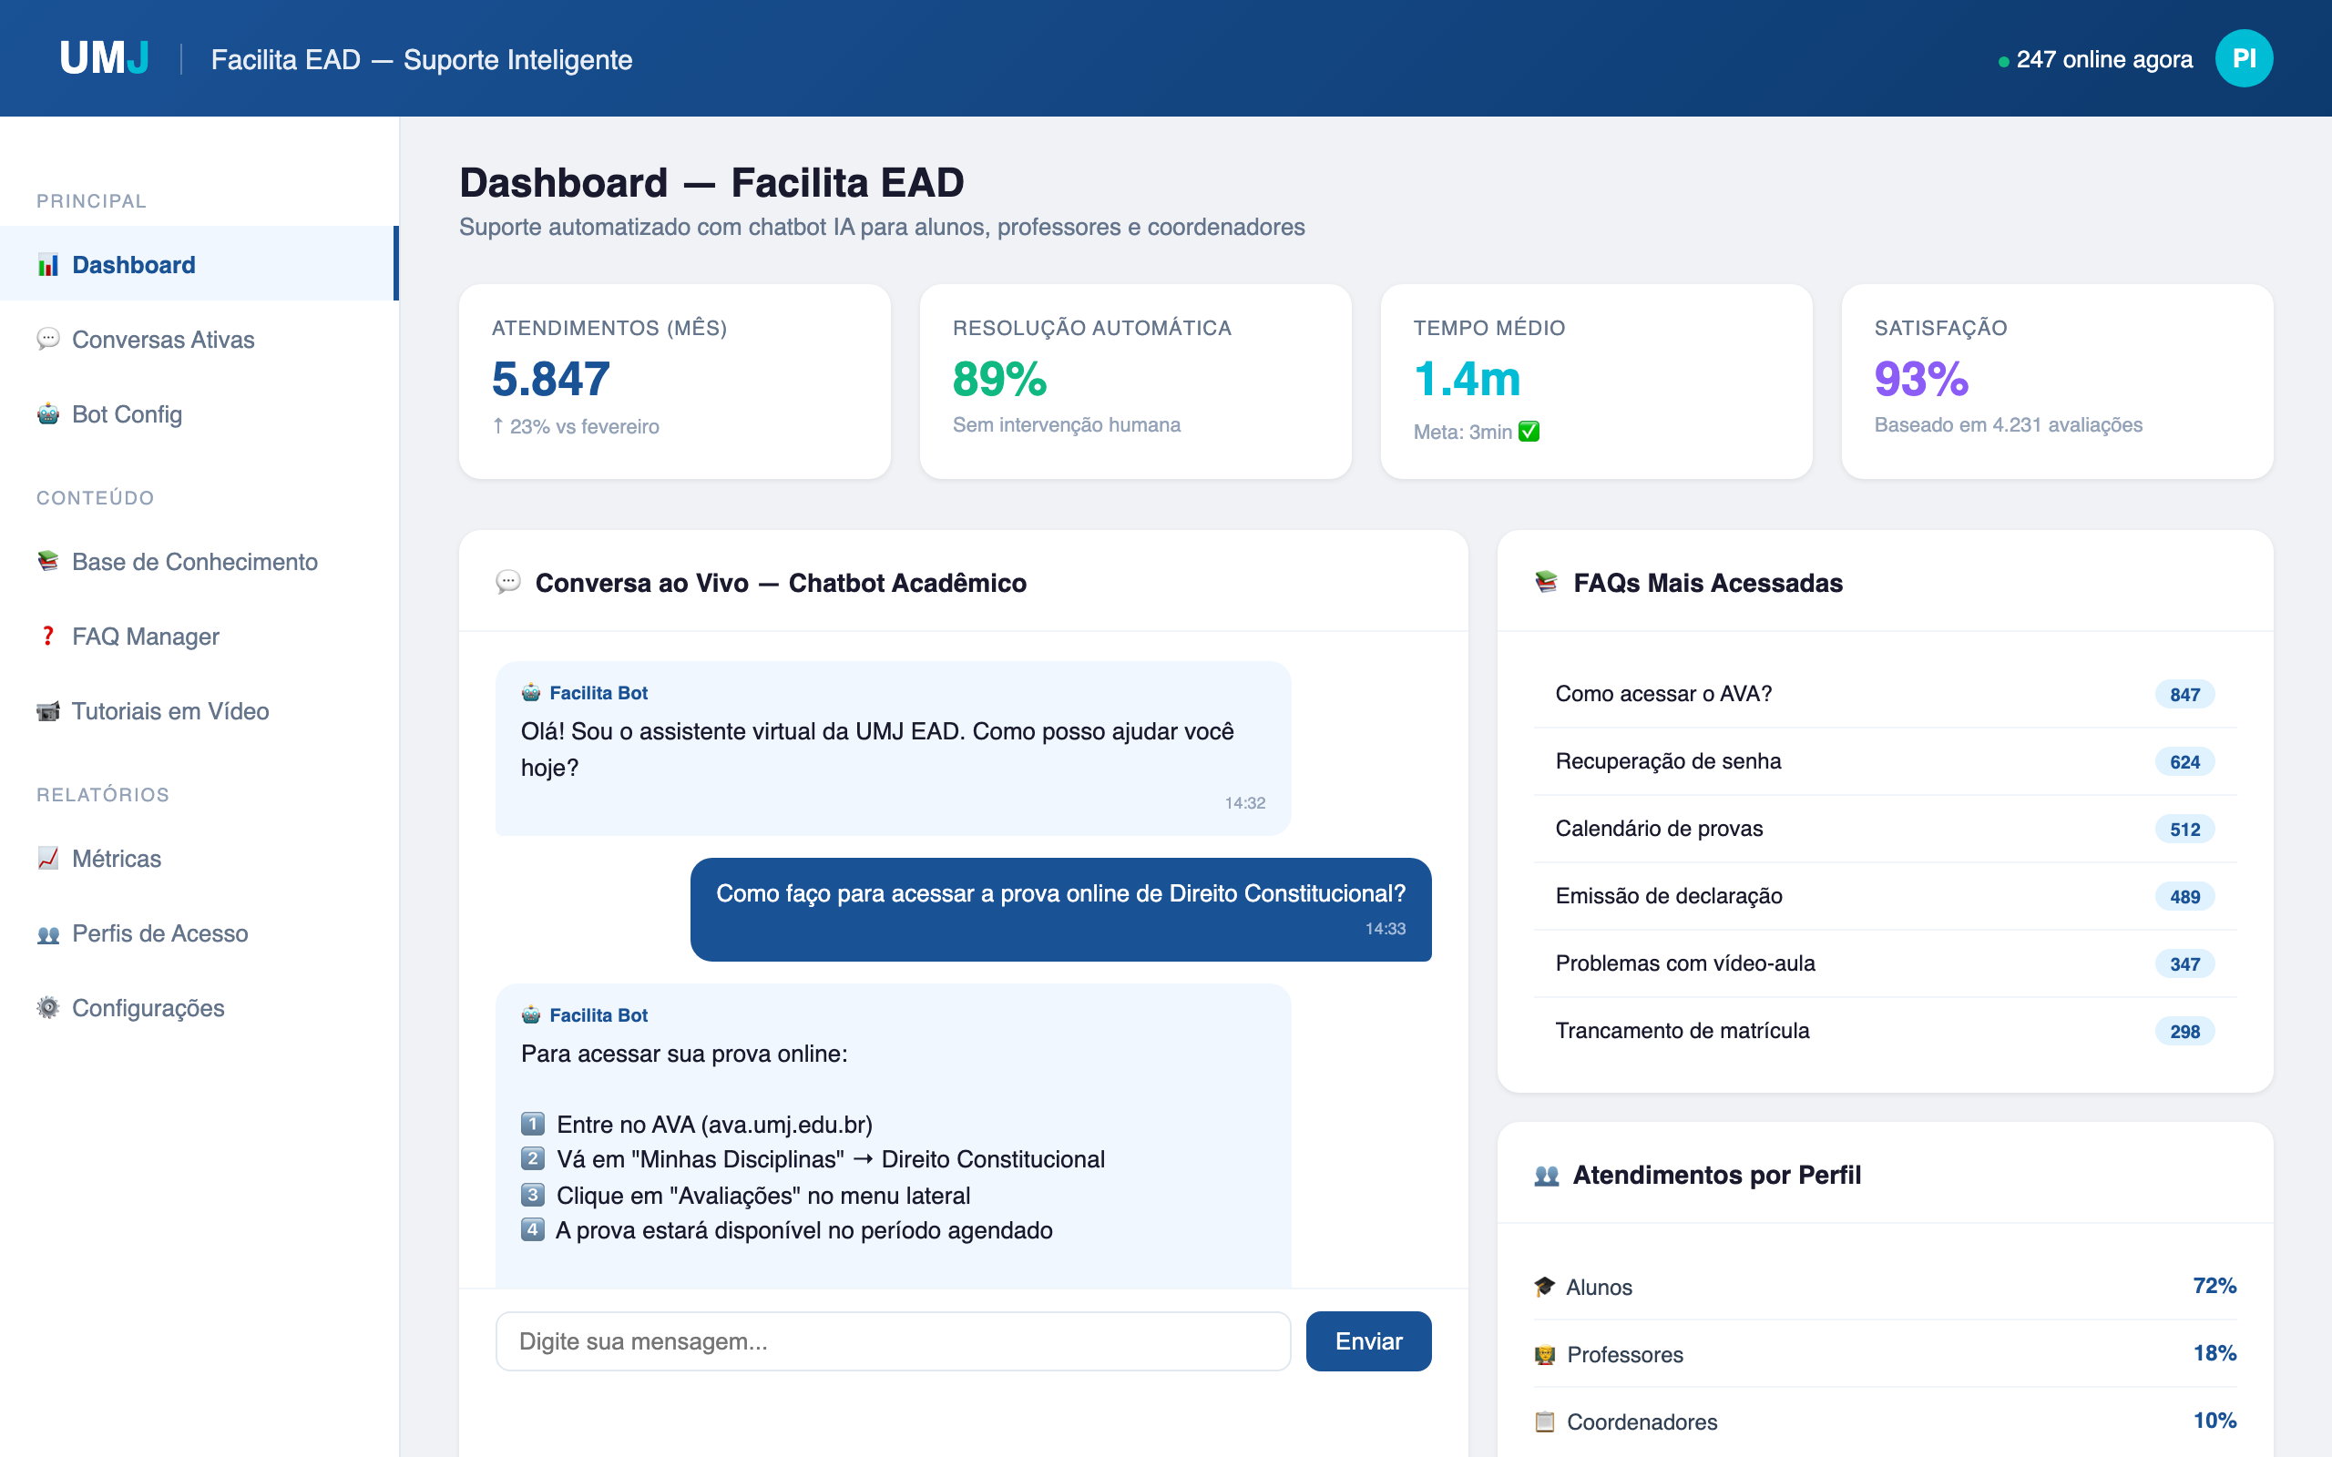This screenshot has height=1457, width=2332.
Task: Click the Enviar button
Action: (x=1367, y=1340)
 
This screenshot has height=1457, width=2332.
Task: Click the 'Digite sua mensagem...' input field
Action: (x=893, y=1340)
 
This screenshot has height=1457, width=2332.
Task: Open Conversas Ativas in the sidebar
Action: (x=163, y=339)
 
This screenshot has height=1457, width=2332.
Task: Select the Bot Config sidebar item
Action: (x=127, y=414)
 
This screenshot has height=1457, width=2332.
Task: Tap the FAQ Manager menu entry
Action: (x=146, y=636)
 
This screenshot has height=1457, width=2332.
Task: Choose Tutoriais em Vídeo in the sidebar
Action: (x=169, y=711)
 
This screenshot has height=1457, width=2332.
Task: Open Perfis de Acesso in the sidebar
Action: (x=160, y=932)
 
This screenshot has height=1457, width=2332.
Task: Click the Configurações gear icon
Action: (x=47, y=1008)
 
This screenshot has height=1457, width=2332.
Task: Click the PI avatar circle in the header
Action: (x=2244, y=59)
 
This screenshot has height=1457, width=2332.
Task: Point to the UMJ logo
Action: (x=104, y=59)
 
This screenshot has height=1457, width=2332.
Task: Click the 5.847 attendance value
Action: (x=550, y=379)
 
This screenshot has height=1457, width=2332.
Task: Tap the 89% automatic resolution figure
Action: (x=999, y=379)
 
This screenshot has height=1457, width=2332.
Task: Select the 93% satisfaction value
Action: (x=1920, y=379)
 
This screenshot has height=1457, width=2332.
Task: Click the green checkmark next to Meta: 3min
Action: (x=1529, y=432)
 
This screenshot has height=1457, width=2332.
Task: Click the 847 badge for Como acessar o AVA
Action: (x=2184, y=695)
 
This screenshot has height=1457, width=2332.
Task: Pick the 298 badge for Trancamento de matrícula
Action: (x=2184, y=1031)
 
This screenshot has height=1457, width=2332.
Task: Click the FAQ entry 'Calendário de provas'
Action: (x=1659, y=829)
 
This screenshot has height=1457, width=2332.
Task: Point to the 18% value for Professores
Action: (x=2214, y=1353)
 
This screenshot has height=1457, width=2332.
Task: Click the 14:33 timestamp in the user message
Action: (x=1385, y=929)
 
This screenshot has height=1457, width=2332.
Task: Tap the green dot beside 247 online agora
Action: (x=2003, y=62)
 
